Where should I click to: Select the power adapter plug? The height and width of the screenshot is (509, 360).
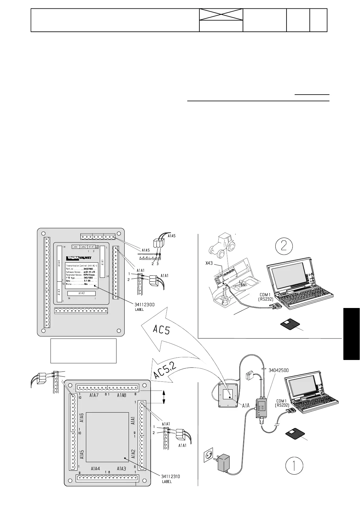coord(224,465)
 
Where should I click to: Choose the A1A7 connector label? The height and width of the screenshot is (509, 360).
coord(94,395)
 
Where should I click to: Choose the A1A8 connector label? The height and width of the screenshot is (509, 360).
coord(121,395)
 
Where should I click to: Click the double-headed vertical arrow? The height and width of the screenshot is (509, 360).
coord(164,397)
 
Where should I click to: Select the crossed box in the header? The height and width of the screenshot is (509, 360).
coord(221,15)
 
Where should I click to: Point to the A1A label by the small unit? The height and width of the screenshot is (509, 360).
coord(246,406)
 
